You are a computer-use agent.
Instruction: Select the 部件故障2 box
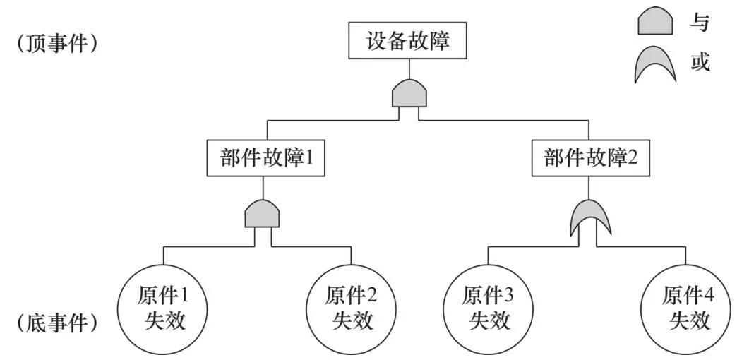pos(591,159)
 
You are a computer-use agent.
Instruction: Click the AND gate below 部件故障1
pos(262,213)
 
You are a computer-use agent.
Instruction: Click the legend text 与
pos(700,23)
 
